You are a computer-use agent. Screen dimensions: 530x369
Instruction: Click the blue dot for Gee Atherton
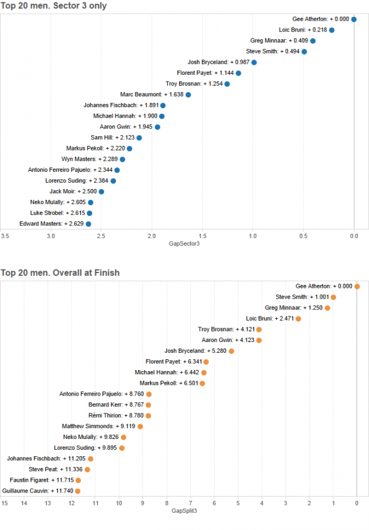pos(354,19)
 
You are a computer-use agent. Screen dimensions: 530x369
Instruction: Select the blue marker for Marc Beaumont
pos(188,95)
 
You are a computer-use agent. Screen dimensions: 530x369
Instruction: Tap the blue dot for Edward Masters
pos(88,224)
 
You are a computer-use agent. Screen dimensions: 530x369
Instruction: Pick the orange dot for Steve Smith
pos(333,297)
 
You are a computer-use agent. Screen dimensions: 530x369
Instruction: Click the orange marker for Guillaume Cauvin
pos(77,491)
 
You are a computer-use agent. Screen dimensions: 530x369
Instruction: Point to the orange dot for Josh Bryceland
pos(231,351)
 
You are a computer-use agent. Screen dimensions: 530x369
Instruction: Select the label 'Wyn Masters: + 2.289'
pos(89,159)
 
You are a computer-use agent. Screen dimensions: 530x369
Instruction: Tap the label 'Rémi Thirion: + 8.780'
pos(114,415)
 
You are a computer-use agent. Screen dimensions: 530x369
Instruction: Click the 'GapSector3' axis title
pos(185,243)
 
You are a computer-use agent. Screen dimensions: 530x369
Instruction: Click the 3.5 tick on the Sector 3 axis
pos(5,236)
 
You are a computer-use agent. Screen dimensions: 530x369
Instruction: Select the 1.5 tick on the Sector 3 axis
pos(202,236)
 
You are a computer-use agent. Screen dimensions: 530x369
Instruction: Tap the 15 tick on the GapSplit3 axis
pos(5,504)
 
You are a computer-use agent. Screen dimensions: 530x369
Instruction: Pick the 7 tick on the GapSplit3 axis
pos(190,504)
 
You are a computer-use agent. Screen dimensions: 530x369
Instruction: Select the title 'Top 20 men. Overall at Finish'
pos(60,273)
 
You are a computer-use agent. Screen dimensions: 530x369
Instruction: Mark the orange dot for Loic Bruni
pos(298,318)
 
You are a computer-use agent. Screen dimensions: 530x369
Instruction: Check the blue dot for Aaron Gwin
pos(157,127)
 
